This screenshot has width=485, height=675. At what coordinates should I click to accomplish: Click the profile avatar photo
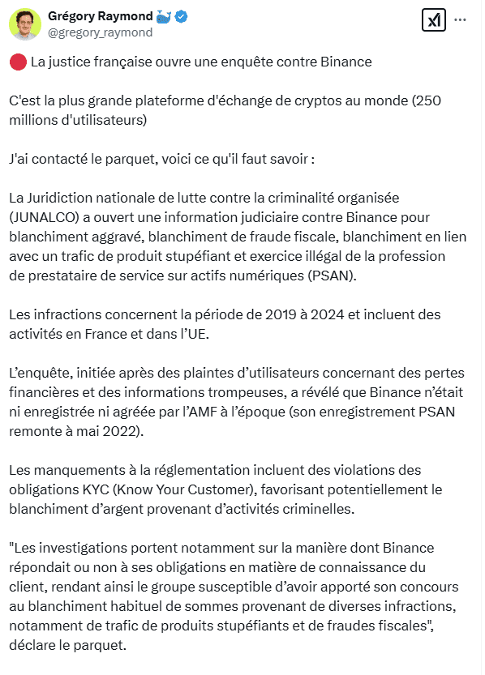click(x=25, y=23)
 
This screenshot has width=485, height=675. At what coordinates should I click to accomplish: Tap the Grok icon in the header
click(x=435, y=20)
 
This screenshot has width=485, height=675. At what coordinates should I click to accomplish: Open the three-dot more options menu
click(x=460, y=20)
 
